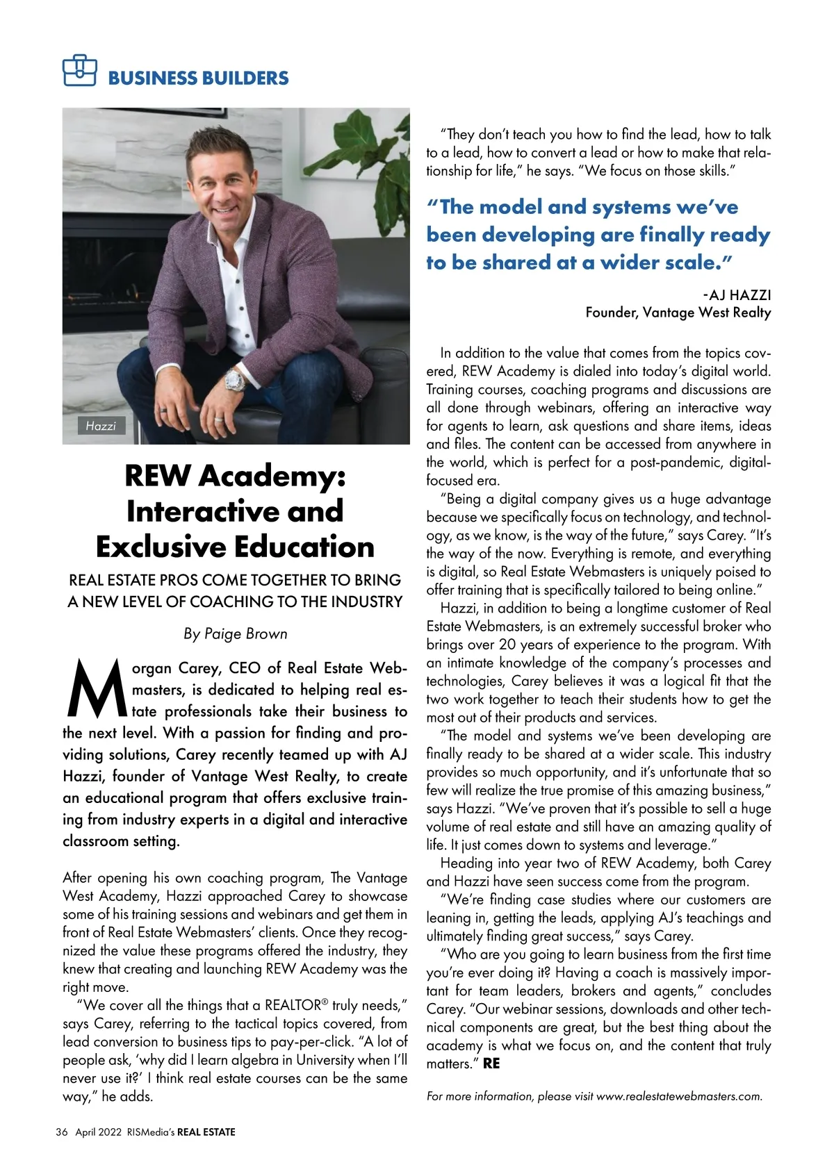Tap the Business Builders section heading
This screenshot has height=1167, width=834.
(x=198, y=78)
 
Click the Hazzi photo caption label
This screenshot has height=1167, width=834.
(x=101, y=426)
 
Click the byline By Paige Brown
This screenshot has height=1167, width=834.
(x=235, y=634)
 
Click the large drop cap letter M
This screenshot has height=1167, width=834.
(x=95, y=690)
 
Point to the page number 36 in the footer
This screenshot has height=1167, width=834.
(x=62, y=1132)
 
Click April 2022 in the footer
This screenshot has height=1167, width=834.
(x=98, y=1132)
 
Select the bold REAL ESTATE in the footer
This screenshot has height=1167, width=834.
(x=206, y=1132)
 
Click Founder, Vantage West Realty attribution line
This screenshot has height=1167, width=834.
(x=678, y=313)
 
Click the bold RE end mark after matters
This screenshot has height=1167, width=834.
(x=491, y=1063)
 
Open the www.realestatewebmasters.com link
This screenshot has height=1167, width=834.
(x=679, y=1096)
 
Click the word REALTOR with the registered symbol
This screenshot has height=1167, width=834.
(x=292, y=1005)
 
